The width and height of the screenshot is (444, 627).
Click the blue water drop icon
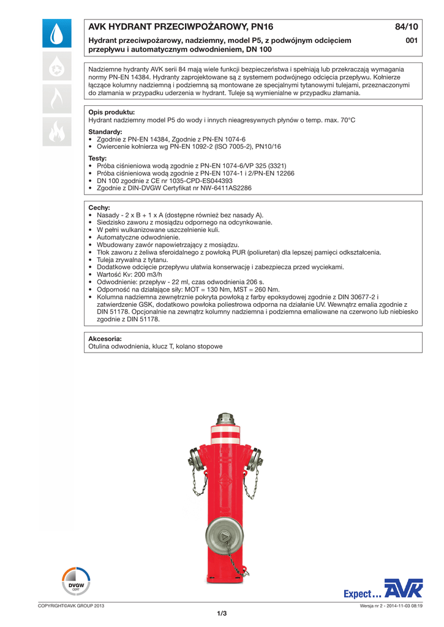[x=56, y=34]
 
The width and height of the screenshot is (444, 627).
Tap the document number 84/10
[x=406, y=27]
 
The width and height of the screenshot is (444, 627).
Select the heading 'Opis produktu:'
[x=111, y=113]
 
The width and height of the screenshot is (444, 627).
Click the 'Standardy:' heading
[x=105, y=132]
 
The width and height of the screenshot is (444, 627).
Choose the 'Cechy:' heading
[x=99, y=208]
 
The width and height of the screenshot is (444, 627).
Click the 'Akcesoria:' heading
[x=105, y=339]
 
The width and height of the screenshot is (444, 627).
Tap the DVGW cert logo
[x=76, y=582]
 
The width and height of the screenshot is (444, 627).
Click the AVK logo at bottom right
[x=404, y=589]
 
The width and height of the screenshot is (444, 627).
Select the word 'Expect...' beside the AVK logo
[x=362, y=594]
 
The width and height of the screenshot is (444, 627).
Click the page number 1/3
[x=222, y=614]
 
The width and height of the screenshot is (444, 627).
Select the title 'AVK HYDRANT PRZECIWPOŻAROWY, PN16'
[x=181, y=27]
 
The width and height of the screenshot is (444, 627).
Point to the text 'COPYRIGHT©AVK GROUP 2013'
[x=71, y=606]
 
